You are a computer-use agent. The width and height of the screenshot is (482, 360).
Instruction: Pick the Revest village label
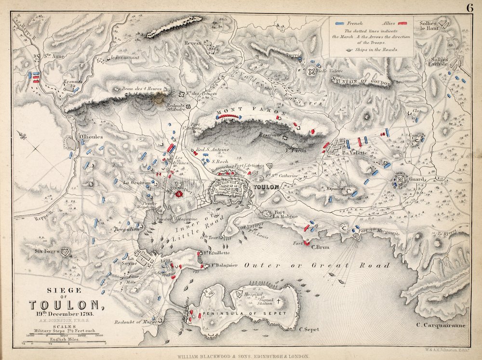pos(191,43)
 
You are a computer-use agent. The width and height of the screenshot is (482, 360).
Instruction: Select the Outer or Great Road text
pos(317,265)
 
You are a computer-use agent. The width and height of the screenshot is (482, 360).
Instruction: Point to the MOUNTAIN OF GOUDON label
pos(361,81)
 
